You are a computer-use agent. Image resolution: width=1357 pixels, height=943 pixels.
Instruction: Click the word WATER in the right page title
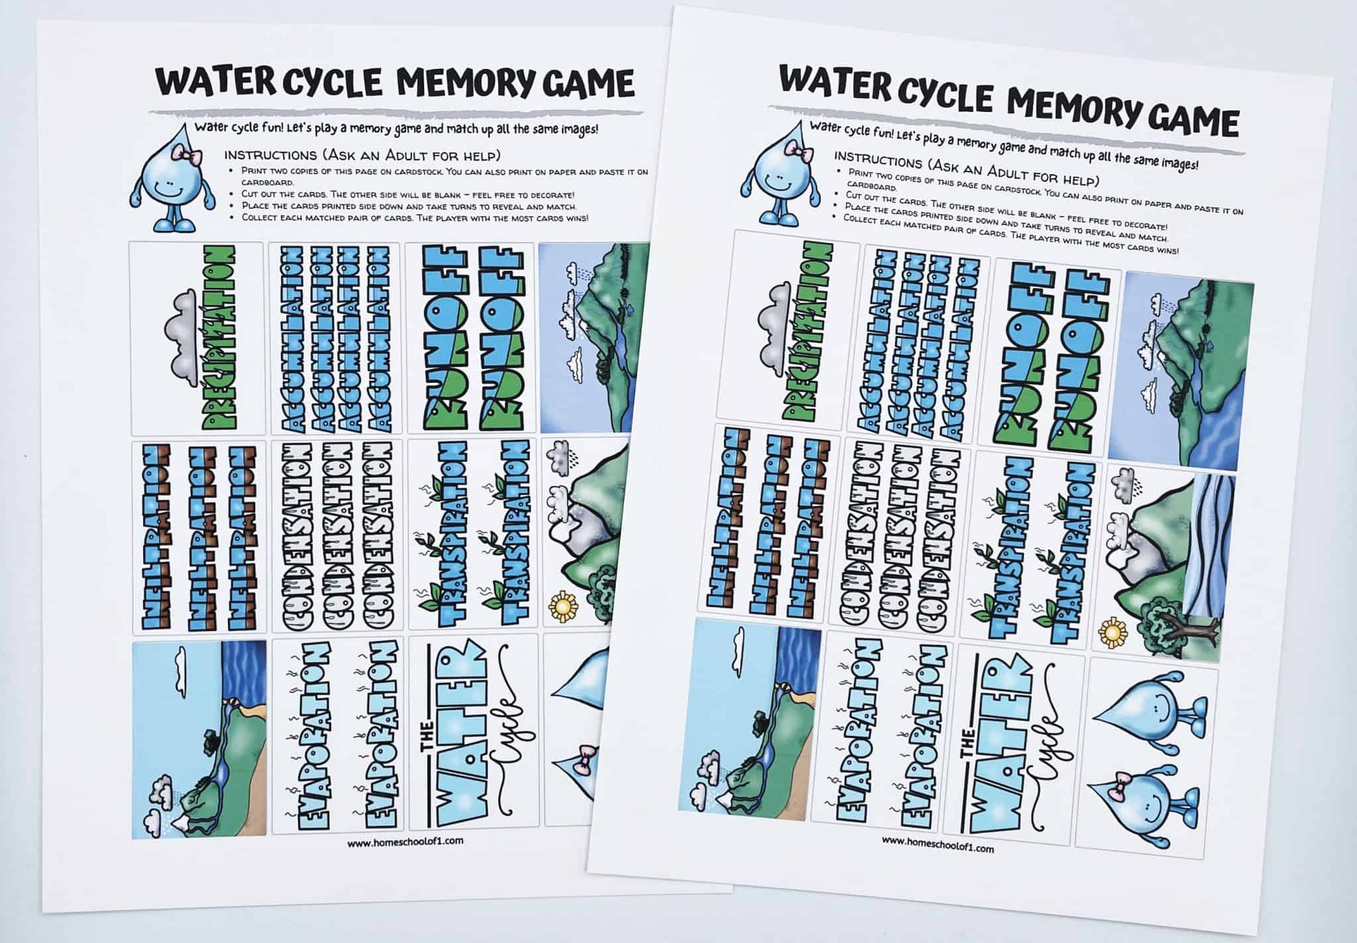(x=838, y=82)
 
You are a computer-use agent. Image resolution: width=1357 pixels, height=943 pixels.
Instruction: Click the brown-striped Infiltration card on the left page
(x=198, y=537)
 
